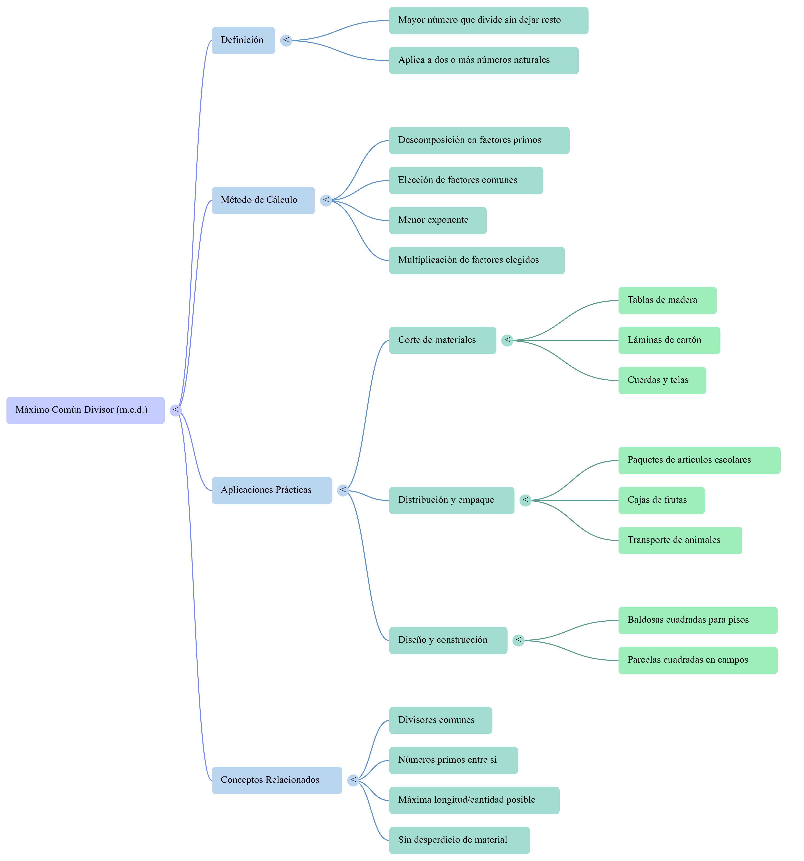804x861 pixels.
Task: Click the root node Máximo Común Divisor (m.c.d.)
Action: [x=85, y=410]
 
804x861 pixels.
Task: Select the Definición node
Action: [x=243, y=40]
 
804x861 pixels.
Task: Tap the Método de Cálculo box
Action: [x=263, y=200]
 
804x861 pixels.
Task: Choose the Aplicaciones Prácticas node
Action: [x=272, y=490]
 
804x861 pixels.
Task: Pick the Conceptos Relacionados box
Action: [x=276, y=780]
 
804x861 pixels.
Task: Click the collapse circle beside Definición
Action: [x=286, y=40]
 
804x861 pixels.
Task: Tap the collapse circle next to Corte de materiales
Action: [x=507, y=340]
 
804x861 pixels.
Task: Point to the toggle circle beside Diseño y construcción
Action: [x=518, y=640]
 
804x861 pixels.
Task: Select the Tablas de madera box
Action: [x=667, y=300]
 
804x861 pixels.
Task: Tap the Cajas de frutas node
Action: [x=661, y=500]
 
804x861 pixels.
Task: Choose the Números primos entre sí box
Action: [x=453, y=760]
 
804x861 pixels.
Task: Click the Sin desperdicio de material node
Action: [x=459, y=840]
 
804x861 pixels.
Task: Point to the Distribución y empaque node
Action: [x=451, y=500]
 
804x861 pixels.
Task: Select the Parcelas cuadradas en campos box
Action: [x=697, y=660]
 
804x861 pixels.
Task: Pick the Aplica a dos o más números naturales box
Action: [x=483, y=60]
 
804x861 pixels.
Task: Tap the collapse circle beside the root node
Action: [x=175, y=410]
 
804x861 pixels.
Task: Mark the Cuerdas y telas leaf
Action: [x=662, y=380]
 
